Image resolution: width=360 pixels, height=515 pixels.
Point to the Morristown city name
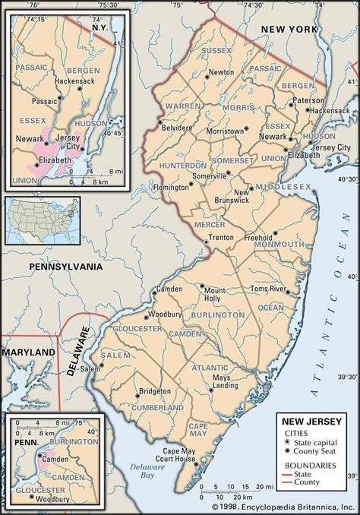click(x=226, y=131)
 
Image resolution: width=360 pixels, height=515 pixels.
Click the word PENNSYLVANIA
click(x=65, y=267)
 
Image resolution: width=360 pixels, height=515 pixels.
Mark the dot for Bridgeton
click(x=137, y=393)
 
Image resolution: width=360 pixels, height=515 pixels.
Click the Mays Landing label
click(x=221, y=382)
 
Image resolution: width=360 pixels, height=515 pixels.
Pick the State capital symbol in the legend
click(x=286, y=440)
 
